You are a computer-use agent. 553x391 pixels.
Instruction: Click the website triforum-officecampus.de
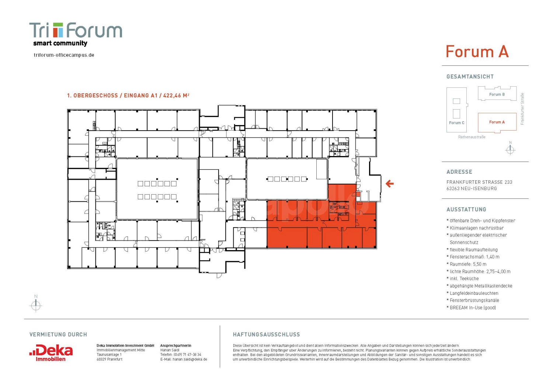(64, 55)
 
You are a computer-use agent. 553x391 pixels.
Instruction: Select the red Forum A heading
(477, 52)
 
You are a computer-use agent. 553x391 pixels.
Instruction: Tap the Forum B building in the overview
(497, 94)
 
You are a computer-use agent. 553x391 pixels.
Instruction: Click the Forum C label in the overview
(456, 123)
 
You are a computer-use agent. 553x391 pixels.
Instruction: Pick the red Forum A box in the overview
(497, 122)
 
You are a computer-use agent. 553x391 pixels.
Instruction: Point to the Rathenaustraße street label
(472, 137)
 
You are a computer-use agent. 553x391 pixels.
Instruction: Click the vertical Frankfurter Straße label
(522, 109)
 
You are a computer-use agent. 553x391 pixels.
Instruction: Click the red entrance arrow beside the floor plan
(390, 183)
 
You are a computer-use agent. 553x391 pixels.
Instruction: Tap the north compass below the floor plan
(36, 305)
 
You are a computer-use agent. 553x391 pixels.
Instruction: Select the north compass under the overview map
(510, 149)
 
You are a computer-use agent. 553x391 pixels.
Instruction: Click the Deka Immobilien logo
(51, 353)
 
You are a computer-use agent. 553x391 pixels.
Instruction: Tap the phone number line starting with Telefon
(181, 354)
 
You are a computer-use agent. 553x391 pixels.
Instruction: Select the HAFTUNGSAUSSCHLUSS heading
(266, 335)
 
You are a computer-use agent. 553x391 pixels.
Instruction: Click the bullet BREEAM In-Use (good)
(473, 308)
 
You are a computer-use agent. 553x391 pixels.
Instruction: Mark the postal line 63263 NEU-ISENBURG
(472, 188)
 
